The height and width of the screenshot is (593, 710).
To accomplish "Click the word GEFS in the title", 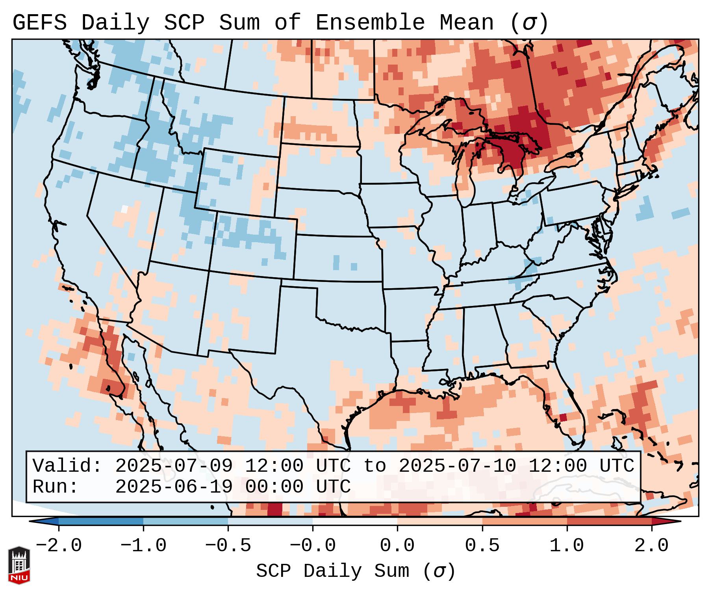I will (x=40, y=23).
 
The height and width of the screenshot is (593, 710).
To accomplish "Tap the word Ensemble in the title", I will (x=370, y=23).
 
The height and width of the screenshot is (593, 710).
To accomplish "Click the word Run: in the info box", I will (x=56, y=487).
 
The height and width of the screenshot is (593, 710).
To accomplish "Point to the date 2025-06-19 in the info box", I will (x=174, y=487).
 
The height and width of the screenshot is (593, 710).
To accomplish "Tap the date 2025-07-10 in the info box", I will (x=457, y=466).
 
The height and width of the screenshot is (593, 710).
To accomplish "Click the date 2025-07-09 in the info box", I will (x=174, y=466).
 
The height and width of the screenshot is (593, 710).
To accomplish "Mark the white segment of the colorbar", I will (x=355, y=521).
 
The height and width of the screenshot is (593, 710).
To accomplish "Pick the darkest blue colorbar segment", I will (x=101, y=521).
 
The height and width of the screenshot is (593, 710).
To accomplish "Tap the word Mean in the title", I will (x=467, y=23).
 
